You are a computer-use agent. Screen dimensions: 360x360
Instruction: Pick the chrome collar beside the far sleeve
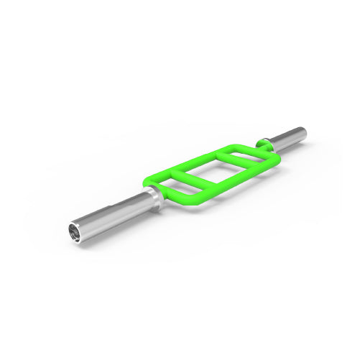point(267,142)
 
